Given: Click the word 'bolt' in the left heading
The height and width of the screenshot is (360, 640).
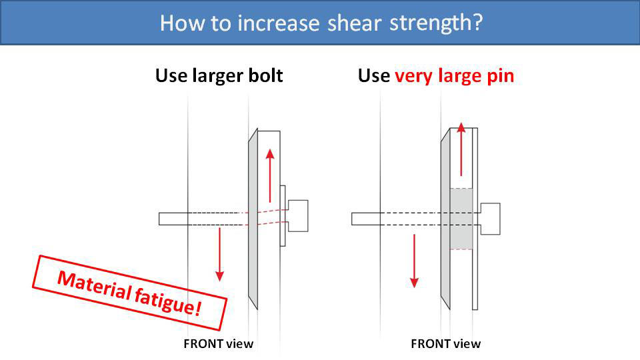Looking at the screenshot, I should tap(265, 75).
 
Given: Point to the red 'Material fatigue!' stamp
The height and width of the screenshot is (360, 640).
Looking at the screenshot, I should tap(131, 291).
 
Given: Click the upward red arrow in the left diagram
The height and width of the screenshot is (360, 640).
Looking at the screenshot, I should tap(270, 175).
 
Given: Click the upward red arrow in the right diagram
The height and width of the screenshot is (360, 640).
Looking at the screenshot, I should tap(461, 149).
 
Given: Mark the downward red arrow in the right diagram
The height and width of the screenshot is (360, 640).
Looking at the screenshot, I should tap(414, 260).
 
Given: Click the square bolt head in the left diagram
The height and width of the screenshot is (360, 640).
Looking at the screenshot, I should tap(297, 215).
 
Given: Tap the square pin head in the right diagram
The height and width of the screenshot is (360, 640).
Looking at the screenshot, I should tap(490, 219).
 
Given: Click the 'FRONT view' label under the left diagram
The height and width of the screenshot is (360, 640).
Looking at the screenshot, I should tap(219, 344).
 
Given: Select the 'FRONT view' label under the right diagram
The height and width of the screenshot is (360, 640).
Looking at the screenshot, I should tap(445, 344).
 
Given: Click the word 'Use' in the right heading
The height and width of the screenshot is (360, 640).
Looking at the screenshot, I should tap(374, 76).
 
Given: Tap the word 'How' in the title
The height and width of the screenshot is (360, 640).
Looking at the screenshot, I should tap(177, 23).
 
